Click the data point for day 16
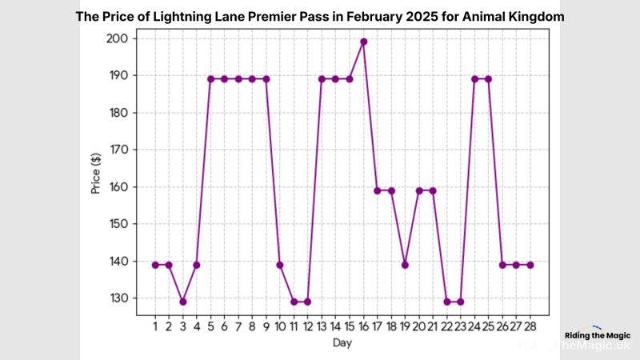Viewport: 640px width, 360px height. tap(363, 42)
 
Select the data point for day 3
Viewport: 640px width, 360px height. tap(182, 302)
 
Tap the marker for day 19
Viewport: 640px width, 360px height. tap(405, 265)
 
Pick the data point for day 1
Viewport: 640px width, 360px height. tap(155, 265)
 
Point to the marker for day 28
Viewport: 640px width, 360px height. tap(530, 265)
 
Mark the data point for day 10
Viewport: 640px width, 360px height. tap(280, 265)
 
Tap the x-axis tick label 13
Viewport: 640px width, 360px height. tap(322, 326)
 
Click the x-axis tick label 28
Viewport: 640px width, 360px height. tap(530, 326)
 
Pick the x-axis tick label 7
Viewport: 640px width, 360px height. tap(238, 326)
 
